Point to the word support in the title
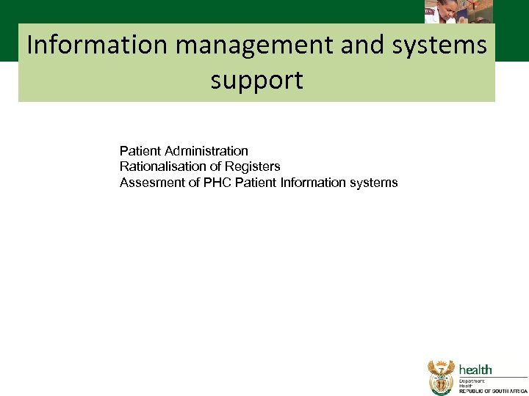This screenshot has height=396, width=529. pyautogui.click(x=256, y=80)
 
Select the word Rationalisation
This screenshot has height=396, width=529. pyautogui.click(x=162, y=166)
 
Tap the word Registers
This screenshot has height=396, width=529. pyautogui.click(x=252, y=166)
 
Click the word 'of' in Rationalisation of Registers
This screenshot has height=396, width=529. pyautogui.click(x=214, y=166)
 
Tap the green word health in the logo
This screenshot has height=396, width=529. pyautogui.click(x=475, y=370)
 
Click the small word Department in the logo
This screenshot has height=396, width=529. pyautogui.click(x=474, y=381)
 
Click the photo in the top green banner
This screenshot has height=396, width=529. pyautogui.click(x=458, y=11)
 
